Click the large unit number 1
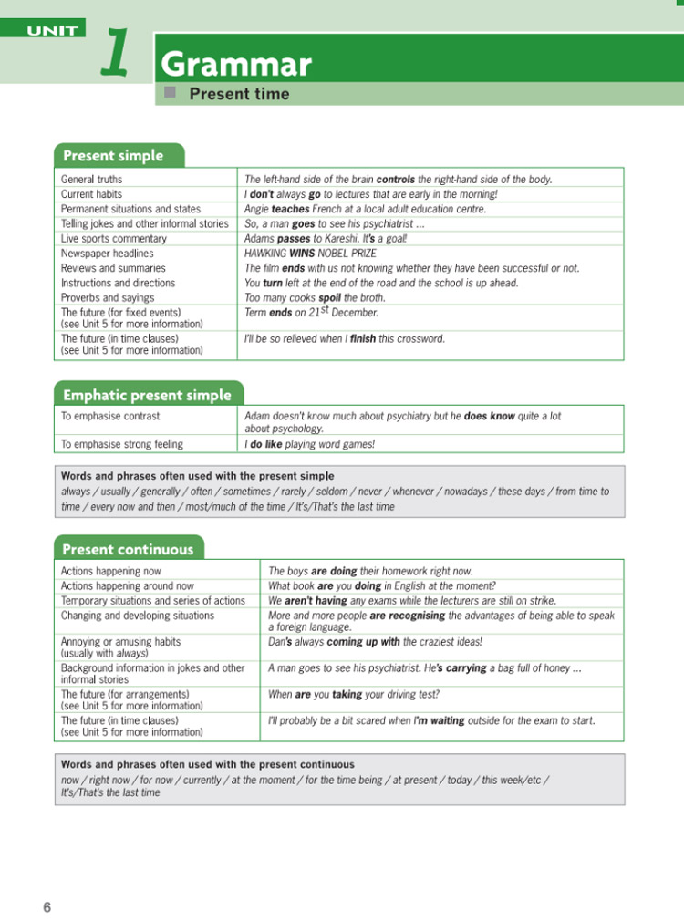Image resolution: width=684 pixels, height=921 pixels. pyautogui.click(x=115, y=52)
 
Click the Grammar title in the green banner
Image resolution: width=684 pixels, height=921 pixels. pyautogui.click(x=236, y=65)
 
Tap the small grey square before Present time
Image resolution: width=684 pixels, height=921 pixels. pyautogui.click(x=169, y=93)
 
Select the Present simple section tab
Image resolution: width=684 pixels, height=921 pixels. pyautogui.click(x=113, y=156)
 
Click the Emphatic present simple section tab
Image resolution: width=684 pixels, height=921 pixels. pyautogui.click(x=147, y=395)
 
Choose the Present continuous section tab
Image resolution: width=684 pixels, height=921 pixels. pyautogui.click(x=128, y=549)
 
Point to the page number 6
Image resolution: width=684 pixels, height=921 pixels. pyautogui.click(x=47, y=906)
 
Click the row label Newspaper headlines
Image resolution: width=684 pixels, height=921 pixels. pyautogui.click(x=107, y=254)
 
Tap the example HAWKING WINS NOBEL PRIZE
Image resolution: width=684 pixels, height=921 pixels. pyautogui.click(x=310, y=254)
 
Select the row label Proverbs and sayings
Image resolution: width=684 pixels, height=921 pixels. pyautogui.click(x=107, y=297)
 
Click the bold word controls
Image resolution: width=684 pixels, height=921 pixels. pyautogui.click(x=396, y=180)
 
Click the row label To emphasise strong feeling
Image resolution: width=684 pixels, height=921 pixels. pyautogui.click(x=121, y=444)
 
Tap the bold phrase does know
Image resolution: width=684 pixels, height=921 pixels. pyautogui.click(x=490, y=416)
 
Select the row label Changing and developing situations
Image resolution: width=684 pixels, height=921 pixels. pyautogui.click(x=137, y=616)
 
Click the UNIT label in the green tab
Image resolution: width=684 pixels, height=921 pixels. pyautogui.click(x=52, y=31)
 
